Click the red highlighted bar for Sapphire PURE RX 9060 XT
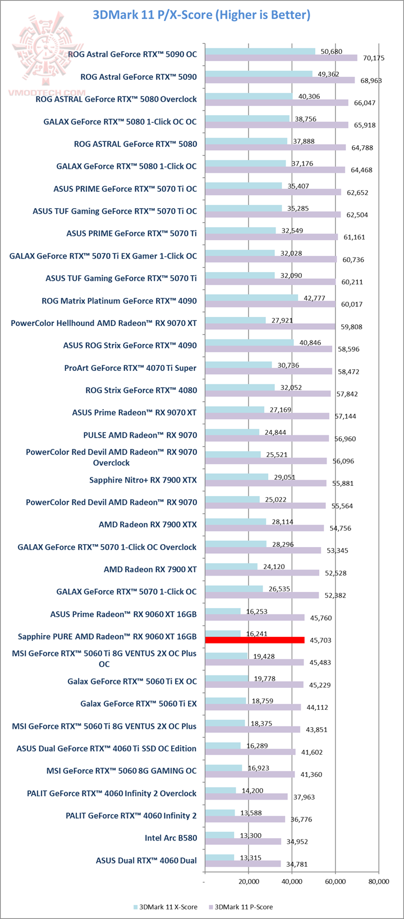point(255,640)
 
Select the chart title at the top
point(202,15)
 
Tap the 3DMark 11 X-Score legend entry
point(165,906)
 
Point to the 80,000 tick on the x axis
point(378,881)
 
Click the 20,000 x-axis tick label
point(248,881)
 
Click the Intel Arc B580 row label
point(171,838)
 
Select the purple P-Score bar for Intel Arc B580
point(243,841)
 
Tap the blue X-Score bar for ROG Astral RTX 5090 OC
point(260,52)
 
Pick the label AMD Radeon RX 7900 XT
point(150,569)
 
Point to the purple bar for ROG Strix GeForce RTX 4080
point(268,393)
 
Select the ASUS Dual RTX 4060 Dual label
point(146,860)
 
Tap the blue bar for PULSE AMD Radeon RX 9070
point(232,432)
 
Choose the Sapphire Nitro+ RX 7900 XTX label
point(143,480)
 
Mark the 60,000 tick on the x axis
point(335,881)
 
